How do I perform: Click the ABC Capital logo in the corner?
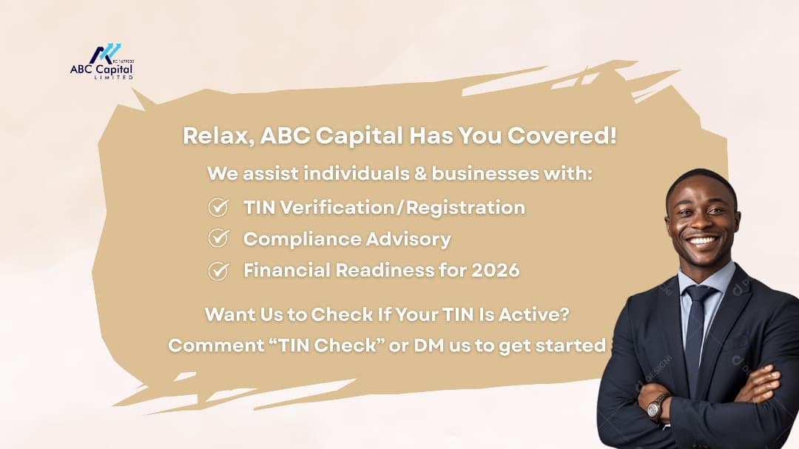102,61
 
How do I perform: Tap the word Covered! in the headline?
562,135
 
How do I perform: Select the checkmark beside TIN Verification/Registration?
218,207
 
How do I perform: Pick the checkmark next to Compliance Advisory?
218,238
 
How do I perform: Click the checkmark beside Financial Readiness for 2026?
218,271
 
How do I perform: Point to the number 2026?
495,270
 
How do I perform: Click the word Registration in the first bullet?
465,208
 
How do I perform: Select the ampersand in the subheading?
420,173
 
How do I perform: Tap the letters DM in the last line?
429,345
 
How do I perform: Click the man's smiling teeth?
702,240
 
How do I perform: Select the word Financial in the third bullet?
286,270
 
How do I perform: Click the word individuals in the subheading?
356,173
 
